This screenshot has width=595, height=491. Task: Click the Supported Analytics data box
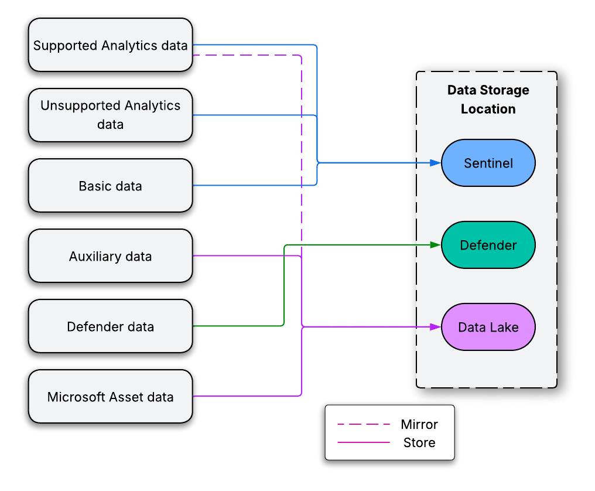(x=110, y=45)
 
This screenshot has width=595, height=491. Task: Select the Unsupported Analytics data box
(x=110, y=115)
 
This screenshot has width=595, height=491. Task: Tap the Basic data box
(x=110, y=186)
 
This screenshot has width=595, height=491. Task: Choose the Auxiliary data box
(x=110, y=256)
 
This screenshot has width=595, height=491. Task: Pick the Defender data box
(x=110, y=326)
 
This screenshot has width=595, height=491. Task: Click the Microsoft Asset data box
(x=110, y=397)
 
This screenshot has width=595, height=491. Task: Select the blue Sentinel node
(x=488, y=163)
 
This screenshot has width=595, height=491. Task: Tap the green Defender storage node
(x=488, y=245)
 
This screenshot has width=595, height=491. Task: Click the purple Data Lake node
(x=488, y=327)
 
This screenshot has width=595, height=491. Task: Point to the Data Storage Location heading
(x=488, y=99)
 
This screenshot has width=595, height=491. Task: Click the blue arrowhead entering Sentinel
(x=435, y=163)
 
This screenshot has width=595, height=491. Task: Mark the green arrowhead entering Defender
(x=435, y=245)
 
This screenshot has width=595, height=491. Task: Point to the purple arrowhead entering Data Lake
(x=435, y=327)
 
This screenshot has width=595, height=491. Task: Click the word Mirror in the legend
(x=419, y=424)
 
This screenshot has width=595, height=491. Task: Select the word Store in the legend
(x=419, y=442)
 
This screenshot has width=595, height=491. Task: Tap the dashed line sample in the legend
(x=364, y=424)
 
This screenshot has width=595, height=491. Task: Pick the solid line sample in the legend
(x=364, y=442)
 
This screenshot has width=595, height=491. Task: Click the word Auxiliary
(x=94, y=256)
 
